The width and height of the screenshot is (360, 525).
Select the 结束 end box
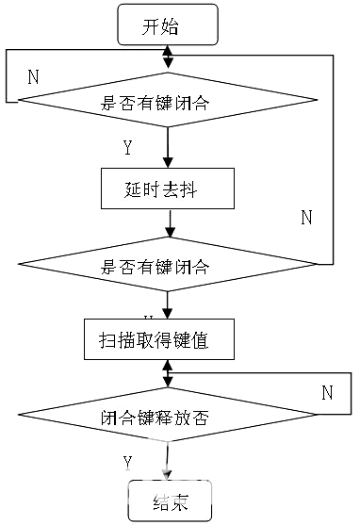170,500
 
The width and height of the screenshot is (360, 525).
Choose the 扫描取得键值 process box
167,340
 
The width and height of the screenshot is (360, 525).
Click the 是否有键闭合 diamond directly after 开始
167,101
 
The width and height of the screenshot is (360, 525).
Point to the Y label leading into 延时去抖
127,147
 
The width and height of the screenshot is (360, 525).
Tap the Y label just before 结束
127,460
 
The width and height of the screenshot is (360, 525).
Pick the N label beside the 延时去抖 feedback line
305,217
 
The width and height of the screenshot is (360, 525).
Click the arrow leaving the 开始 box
168,55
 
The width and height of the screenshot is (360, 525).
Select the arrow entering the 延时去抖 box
168,151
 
